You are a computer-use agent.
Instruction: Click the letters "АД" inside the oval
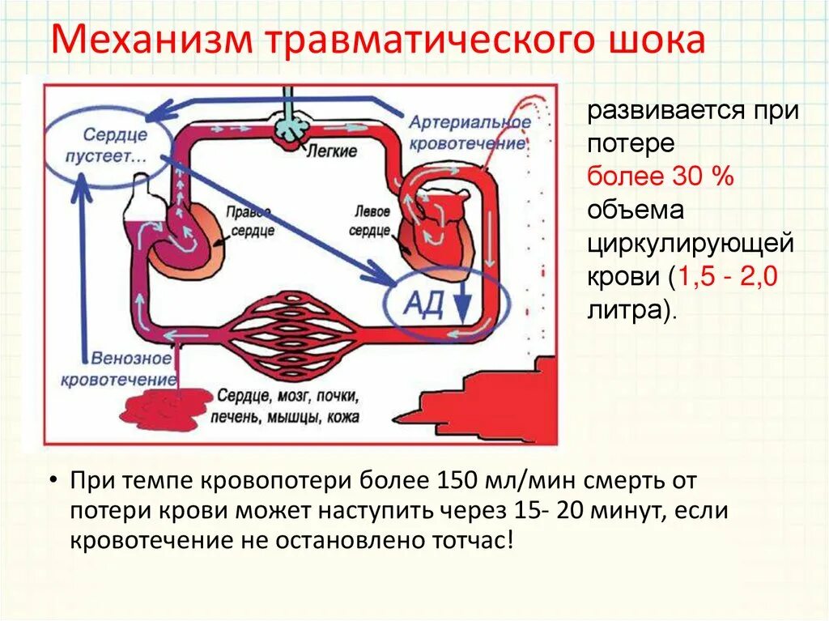pos(423,304)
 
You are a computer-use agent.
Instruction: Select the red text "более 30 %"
pos(660,177)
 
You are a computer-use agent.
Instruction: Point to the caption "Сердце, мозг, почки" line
pos(288,398)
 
